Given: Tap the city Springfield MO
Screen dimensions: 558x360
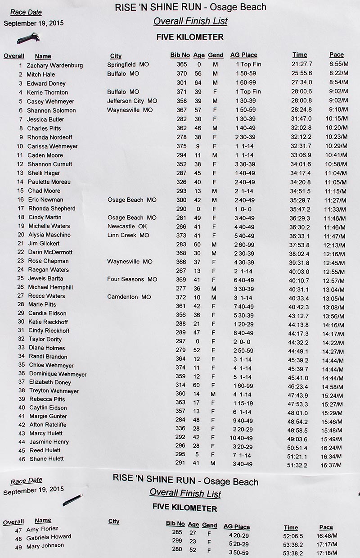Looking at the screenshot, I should point(128,64).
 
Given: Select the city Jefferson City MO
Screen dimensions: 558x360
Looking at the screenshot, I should point(132,101).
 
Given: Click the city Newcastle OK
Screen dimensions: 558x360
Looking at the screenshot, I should point(127,226).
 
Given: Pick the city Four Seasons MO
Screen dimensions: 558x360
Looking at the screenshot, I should point(132,279).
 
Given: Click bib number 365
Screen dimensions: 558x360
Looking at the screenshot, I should point(182,64).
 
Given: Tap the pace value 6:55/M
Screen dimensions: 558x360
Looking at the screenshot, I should point(338,64).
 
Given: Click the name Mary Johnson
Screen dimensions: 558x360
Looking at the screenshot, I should point(45,545).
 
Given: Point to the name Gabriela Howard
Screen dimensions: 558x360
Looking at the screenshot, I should point(49,537).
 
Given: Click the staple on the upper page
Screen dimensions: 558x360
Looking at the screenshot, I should point(28,38).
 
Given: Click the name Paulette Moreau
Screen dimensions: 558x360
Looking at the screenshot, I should point(49,182).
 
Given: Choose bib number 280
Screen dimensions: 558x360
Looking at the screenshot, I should point(177,549).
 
